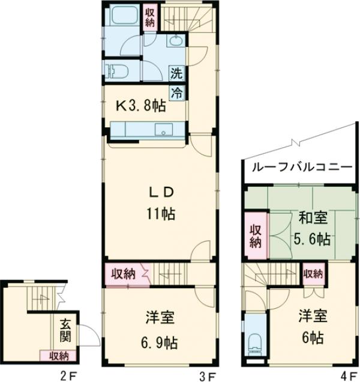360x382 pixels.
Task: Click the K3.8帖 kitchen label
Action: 141,106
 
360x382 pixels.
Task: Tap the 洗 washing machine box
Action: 176,75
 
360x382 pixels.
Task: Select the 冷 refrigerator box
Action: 177,92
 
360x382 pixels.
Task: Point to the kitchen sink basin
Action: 161,130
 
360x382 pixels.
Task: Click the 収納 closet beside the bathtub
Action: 150,17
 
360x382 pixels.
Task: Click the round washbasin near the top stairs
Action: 176,41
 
